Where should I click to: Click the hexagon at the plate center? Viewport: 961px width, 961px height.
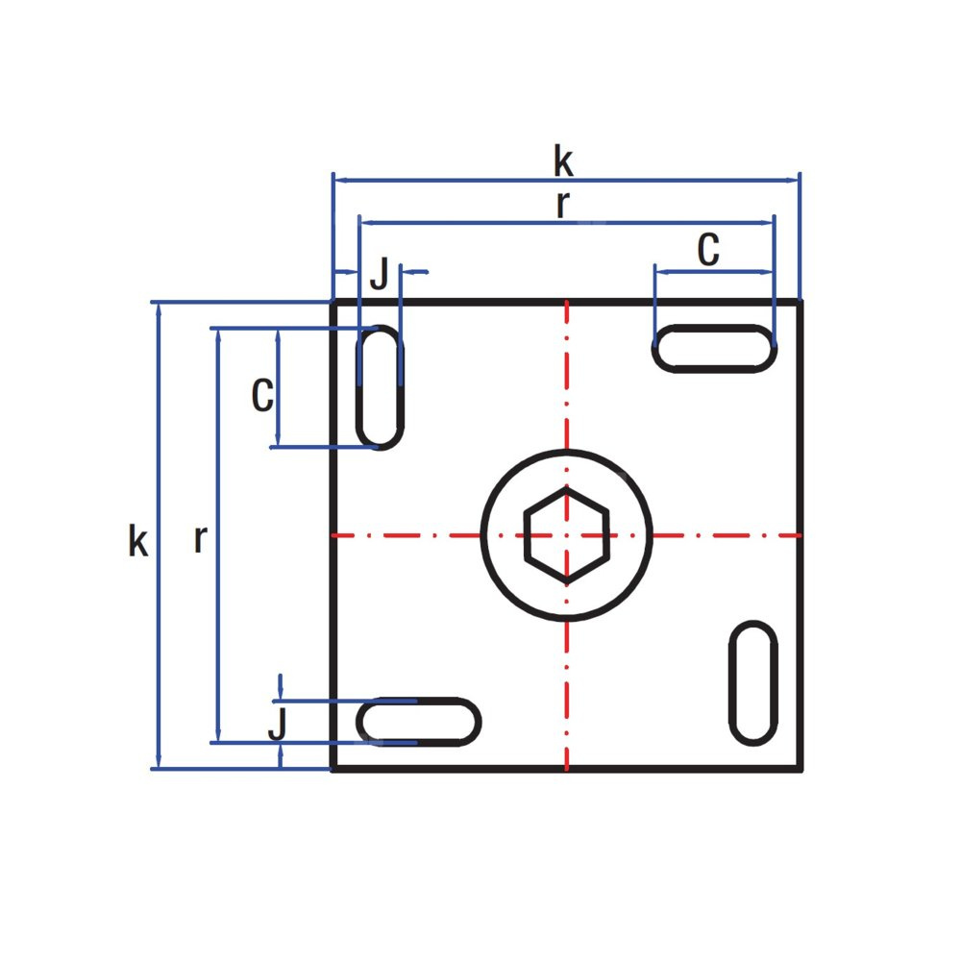click(526, 534)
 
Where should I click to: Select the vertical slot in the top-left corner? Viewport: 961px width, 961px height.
click(359, 387)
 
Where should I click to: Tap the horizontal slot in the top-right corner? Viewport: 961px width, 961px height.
click(714, 329)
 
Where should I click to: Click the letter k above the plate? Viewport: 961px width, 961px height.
click(563, 160)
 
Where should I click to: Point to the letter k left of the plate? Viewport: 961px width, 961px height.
click(137, 540)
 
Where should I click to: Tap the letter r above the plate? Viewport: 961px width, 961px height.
click(562, 205)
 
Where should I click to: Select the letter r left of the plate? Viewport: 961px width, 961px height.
click(201, 539)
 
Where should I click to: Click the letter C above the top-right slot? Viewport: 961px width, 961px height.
click(708, 250)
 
